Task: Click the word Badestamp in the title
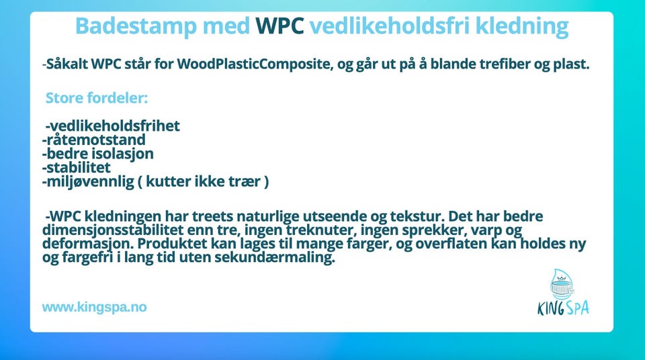click(136, 26)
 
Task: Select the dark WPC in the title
click(279, 26)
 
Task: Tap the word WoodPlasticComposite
click(254, 64)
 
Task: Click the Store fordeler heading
click(96, 98)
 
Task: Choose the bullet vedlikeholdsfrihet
click(113, 126)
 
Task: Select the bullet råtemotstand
click(94, 140)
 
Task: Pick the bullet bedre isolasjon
click(98, 153)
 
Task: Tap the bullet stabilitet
click(76, 167)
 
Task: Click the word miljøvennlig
click(88, 181)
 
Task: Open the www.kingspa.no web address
click(94, 307)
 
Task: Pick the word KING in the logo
click(550, 308)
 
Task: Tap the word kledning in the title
click(522, 26)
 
